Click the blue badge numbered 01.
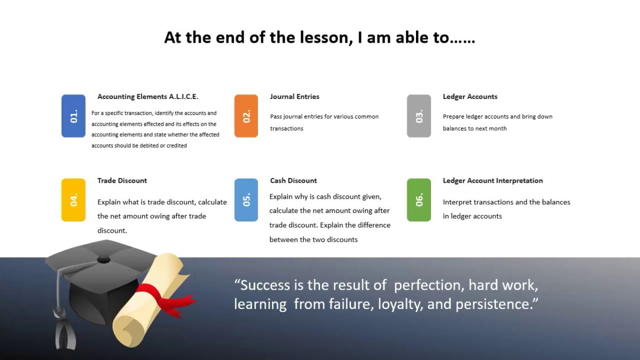click(x=73, y=116)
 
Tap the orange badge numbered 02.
click(x=246, y=116)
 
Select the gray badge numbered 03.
click(x=419, y=116)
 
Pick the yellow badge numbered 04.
click(x=73, y=200)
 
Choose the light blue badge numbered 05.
click(x=246, y=200)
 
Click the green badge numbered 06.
click(x=419, y=200)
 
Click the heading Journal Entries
click(x=295, y=96)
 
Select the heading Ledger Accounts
click(x=470, y=96)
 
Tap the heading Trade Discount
click(x=122, y=181)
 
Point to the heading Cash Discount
click(x=294, y=181)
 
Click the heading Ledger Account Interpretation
click(x=493, y=181)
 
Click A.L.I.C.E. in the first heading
click(x=183, y=96)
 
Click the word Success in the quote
click(x=265, y=285)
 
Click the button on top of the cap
click(x=103, y=259)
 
